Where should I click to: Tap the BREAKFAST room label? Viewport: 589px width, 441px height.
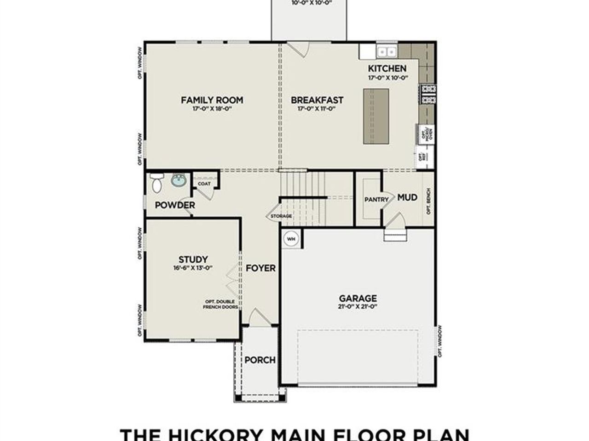(317, 100)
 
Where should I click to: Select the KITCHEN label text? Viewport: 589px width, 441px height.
(387, 69)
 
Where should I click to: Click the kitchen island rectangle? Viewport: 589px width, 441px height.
(376, 117)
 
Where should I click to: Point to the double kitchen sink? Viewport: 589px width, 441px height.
(387, 51)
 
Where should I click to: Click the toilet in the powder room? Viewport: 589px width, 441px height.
(156, 182)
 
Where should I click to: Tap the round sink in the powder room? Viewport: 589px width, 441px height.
(178, 181)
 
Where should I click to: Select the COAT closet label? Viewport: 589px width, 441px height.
(204, 184)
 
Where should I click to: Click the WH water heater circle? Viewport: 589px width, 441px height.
(291, 239)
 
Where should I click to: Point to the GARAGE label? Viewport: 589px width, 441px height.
(358, 298)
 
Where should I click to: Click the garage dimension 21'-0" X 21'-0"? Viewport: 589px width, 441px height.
(358, 306)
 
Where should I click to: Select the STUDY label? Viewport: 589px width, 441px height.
(193, 260)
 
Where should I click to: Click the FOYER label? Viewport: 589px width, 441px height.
(260, 268)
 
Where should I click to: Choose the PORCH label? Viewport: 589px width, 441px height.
(260, 360)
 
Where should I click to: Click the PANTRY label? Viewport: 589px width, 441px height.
(376, 200)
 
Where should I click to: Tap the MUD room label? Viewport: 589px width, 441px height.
(407, 198)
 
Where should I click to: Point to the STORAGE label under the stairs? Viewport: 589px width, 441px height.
(281, 216)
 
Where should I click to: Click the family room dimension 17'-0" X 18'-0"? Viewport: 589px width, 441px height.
(212, 109)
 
